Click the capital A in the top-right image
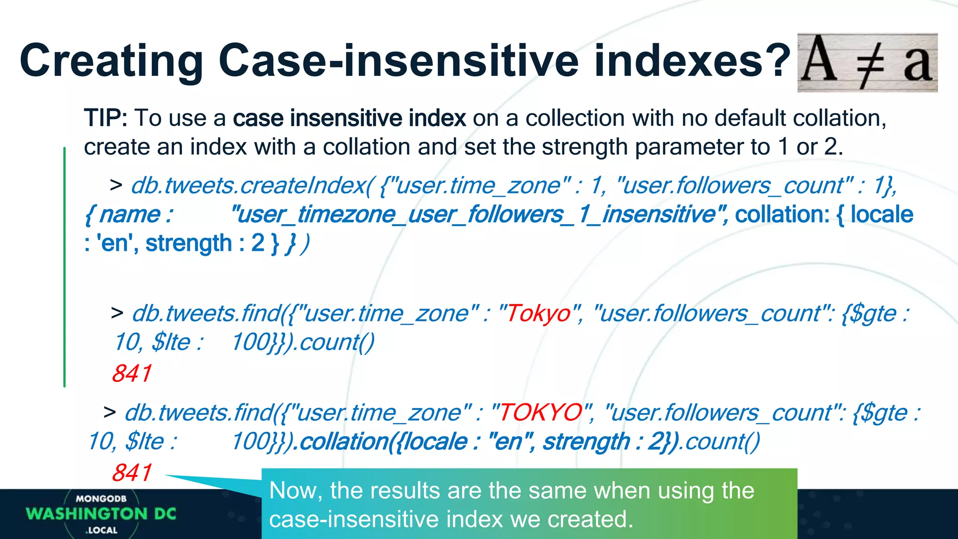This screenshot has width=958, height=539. coord(818,61)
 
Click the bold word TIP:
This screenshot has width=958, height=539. coord(106,118)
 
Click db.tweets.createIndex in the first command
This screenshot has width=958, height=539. coord(248,186)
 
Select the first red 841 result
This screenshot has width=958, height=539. coord(132,373)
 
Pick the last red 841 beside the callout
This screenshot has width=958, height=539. coord(132,473)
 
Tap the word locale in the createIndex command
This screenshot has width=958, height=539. coord(881,215)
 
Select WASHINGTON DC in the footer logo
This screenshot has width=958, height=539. coord(101,514)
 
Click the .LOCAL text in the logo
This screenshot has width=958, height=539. coord(102,530)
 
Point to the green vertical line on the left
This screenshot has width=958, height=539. coord(65,267)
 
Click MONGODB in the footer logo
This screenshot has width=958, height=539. coord(101,499)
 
